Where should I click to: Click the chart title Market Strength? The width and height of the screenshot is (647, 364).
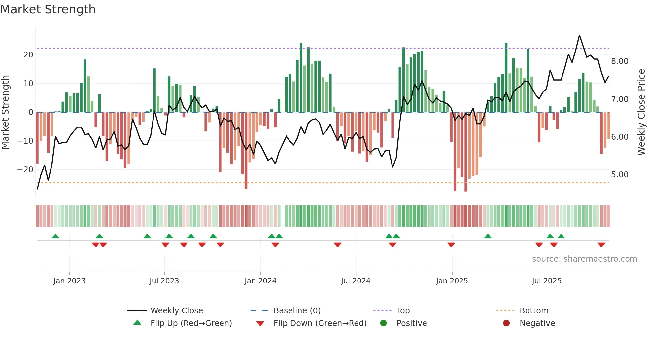pos(48,9)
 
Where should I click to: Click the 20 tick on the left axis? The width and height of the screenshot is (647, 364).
pos(28,55)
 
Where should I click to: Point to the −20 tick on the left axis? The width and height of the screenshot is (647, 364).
pos(25,170)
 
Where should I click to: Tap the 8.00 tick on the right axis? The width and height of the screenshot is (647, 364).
pos(620,61)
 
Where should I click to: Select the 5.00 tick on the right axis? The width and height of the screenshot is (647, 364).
pos(620,175)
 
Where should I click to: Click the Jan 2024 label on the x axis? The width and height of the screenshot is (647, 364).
pos(260,281)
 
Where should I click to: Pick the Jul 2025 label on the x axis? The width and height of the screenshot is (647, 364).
pos(546,281)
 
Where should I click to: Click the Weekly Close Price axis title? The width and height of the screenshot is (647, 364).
pos(641,112)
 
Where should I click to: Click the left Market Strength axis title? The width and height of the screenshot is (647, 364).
pos(5,112)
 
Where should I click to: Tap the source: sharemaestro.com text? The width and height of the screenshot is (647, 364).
pos(584,259)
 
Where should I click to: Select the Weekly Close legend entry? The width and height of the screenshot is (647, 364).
pos(177,311)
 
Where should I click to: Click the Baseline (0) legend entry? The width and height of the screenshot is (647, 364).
pos(297,311)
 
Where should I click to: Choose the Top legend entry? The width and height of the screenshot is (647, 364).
pos(403,311)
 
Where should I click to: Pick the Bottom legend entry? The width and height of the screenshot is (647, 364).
pos(534,311)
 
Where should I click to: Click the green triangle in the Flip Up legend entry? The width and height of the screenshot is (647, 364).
pos(137,323)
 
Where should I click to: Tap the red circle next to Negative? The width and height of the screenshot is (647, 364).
pos(506,323)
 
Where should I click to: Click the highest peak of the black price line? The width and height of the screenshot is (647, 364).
pos(579,35)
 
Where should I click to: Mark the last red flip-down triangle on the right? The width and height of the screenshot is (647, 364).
pos(601,245)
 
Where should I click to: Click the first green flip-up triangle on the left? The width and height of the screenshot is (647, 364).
pos(55,236)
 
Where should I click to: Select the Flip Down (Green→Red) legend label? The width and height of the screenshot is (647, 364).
pos(320,323)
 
